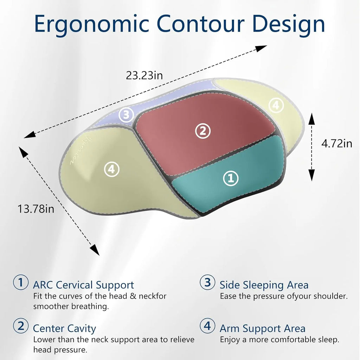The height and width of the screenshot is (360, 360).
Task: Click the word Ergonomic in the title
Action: [x=92, y=24]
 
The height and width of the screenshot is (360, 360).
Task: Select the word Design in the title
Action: [x=284, y=24]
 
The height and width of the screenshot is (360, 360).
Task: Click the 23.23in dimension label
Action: [x=144, y=76]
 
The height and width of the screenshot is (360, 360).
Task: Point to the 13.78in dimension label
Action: [x=36, y=209]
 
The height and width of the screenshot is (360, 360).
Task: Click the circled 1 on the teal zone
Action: [x=231, y=178]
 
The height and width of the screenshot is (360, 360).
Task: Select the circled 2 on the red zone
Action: [x=202, y=131]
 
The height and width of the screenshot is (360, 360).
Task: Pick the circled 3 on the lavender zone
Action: [x=126, y=115]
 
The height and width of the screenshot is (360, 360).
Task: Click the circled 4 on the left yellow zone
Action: [x=112, y=169]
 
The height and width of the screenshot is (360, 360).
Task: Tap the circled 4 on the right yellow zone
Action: [x=276, y=105]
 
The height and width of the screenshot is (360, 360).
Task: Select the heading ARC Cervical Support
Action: [x=83, y=285]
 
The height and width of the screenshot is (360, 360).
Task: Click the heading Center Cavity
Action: [x=64, y=328]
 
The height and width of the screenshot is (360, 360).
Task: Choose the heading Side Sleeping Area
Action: [x=264, y=285]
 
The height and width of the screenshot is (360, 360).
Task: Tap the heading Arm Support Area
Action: [x=262, y=328]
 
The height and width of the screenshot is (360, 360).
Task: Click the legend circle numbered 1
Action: [x=21, y=282]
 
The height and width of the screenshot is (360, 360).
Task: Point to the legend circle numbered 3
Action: [x=207, y=282]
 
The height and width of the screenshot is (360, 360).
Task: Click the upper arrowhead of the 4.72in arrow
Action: [x=311, y=118]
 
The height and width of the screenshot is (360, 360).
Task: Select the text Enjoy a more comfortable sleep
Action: [x=279, y=340]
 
